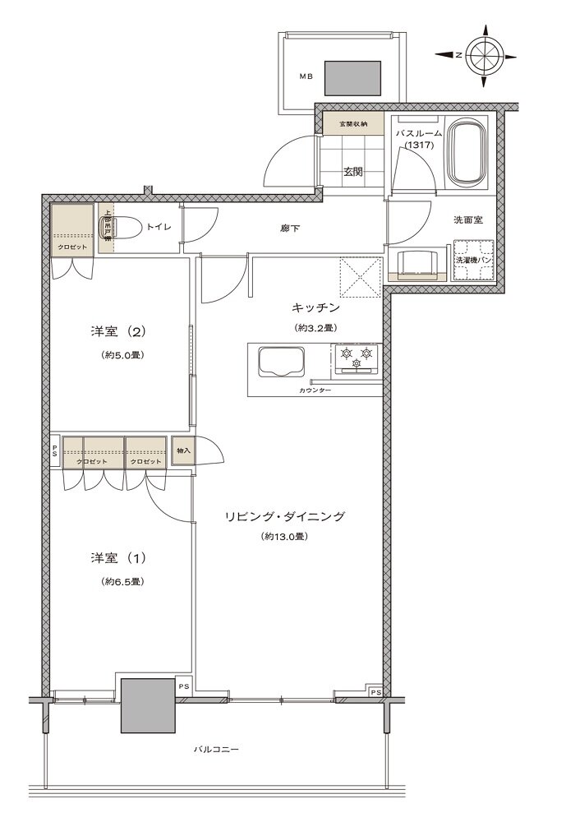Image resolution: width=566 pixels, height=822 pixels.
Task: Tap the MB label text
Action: pos(306,77)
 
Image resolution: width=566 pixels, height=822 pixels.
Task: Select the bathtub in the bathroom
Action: pos(468,154)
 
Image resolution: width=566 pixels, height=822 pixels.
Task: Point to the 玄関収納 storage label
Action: pos(351,125)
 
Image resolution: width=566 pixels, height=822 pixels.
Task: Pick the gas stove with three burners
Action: pos(357,359)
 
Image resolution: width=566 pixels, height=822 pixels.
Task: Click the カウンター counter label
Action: pos(315,390)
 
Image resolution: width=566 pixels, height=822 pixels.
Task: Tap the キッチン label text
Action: pos(315,307)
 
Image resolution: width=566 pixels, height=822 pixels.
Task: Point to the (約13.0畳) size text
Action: pos(284,537)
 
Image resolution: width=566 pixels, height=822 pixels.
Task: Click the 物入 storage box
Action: pos(183,451)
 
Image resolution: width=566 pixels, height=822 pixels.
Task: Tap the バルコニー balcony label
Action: pos(211,750)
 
